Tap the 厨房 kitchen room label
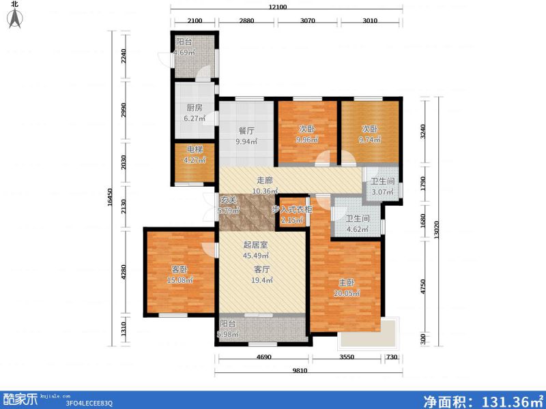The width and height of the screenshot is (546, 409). coord(193,108)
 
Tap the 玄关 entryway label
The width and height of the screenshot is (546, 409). coord(228,200)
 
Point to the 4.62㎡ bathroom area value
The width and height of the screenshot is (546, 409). coord(357,230)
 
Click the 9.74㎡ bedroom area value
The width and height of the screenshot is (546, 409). coord(369,138)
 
